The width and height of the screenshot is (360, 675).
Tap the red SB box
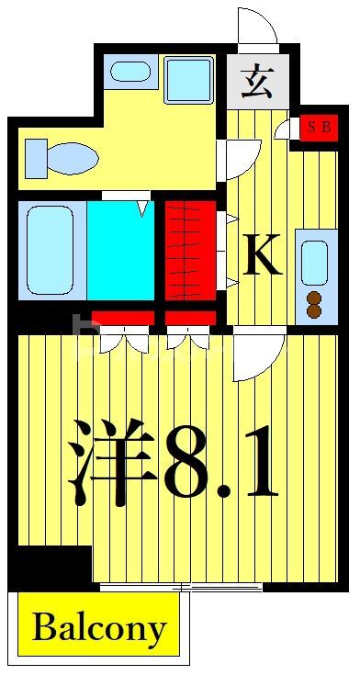tap(318, 128)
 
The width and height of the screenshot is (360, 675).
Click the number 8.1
tap(220, 464)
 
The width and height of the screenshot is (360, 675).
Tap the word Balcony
tap(99, 629)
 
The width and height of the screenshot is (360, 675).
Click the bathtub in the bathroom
tap(51, 249)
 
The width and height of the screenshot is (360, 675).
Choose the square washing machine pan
tap(189, 79)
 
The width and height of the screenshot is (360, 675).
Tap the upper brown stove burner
tap(314, 298)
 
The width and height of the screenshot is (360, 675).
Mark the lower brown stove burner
tap(314, 311)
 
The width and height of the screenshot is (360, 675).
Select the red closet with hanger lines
tap(190, 250)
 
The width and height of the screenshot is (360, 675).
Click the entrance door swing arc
tap(257, 26)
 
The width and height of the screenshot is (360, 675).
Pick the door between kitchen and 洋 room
tap(256, 356)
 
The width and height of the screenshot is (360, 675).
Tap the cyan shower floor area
tap(120, 251)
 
